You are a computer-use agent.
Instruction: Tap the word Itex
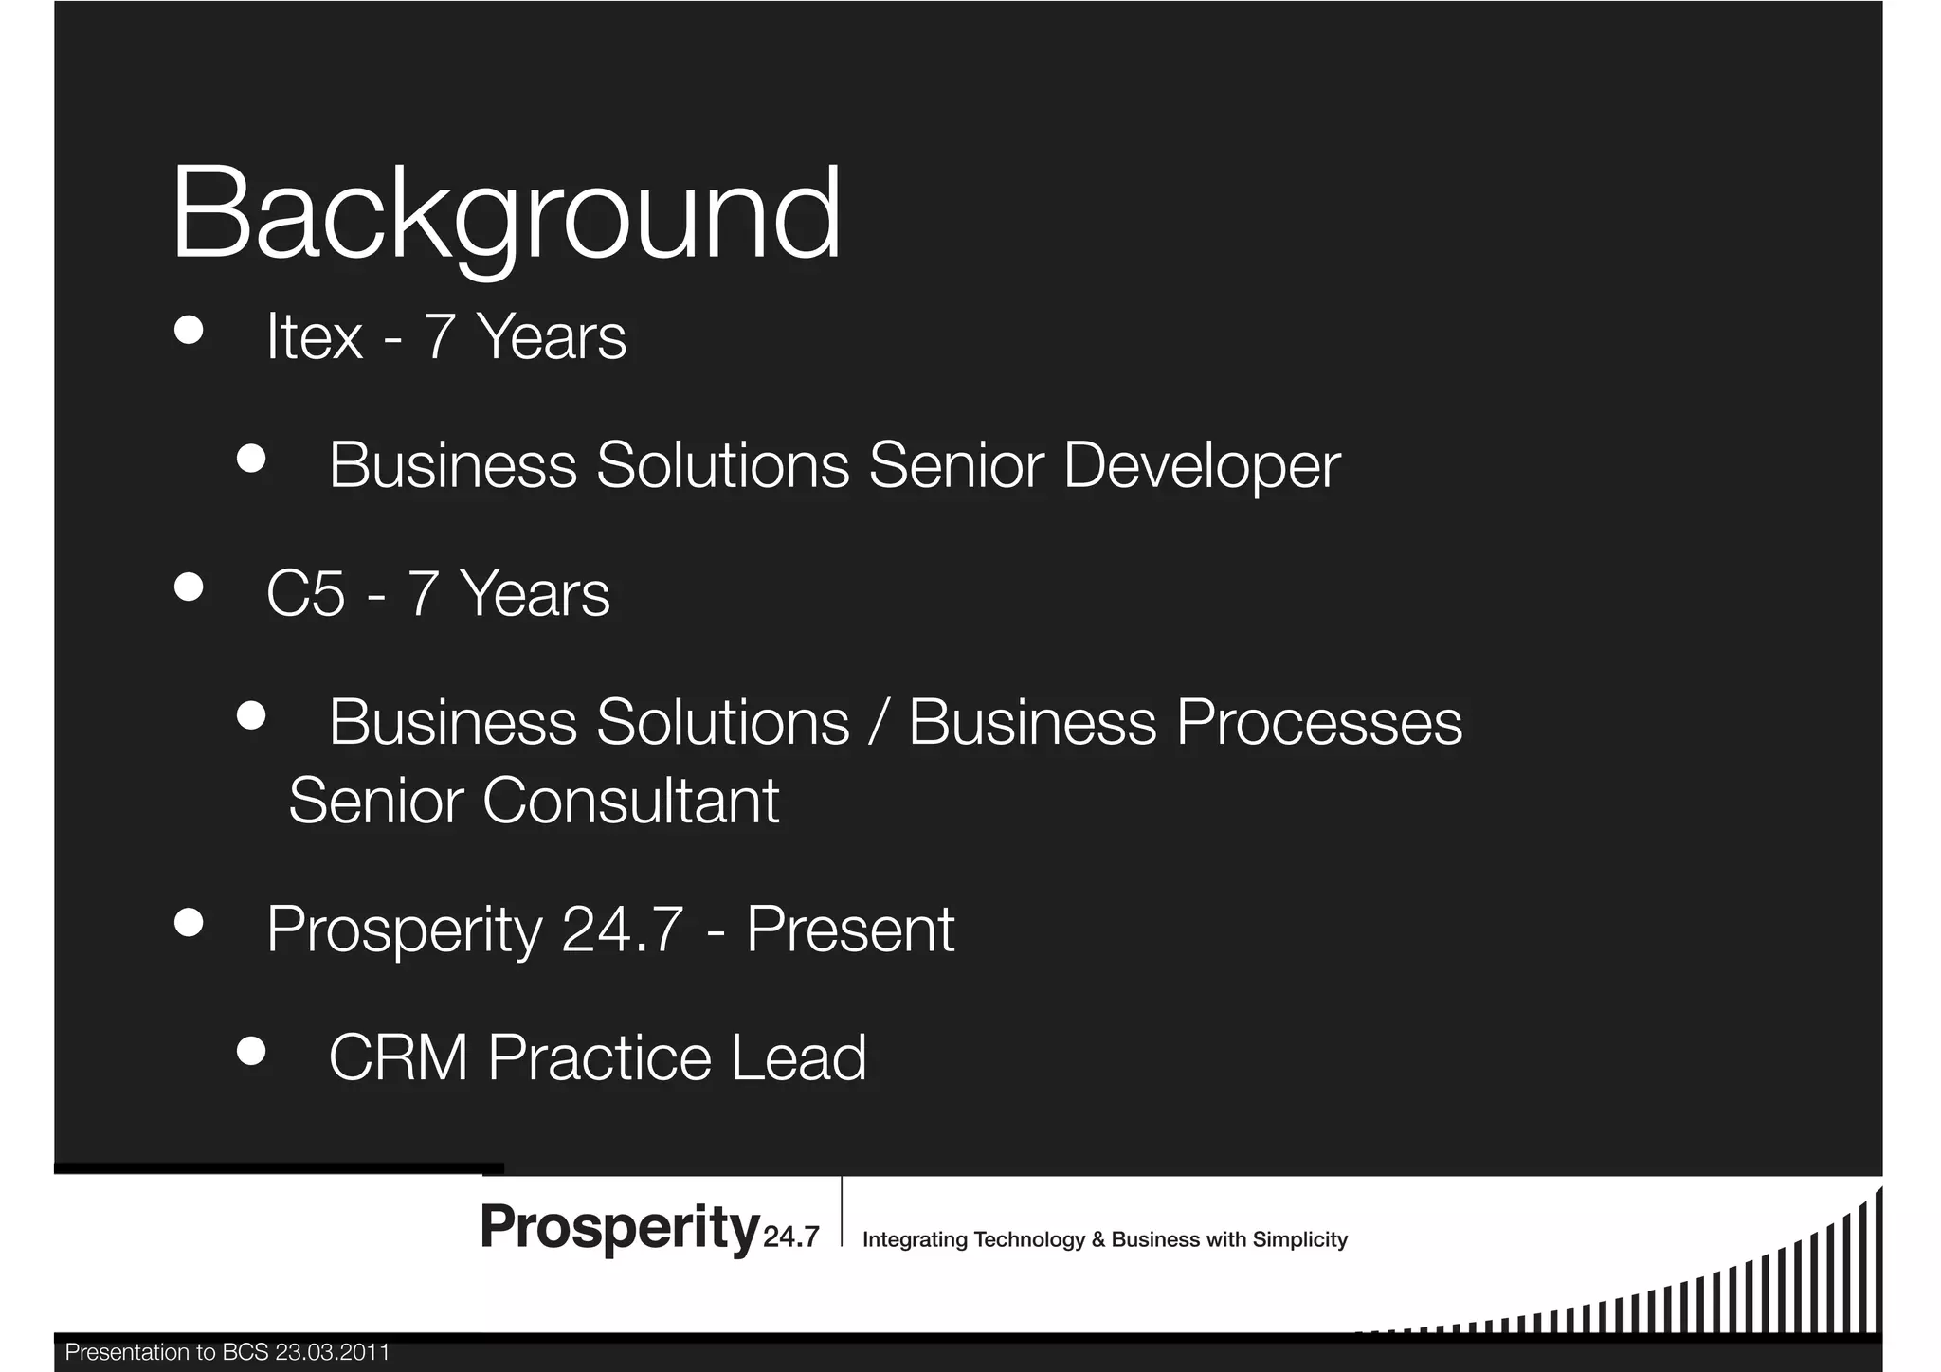[314, 337]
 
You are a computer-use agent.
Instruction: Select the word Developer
[1201, 466]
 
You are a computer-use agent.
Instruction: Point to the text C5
[305, 594]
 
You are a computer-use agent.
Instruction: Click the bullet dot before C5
[189, 587]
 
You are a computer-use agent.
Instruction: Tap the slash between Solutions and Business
[879, 723]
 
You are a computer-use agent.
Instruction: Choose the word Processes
[1318, 723]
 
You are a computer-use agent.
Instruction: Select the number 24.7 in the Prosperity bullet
[622, 930]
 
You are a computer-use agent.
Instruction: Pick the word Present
[850, 930]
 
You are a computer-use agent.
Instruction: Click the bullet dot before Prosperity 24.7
[189, 922]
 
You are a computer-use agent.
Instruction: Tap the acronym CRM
[398, 1057]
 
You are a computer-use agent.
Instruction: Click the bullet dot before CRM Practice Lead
[251, 1051]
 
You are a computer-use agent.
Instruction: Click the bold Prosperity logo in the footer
[620, 1228]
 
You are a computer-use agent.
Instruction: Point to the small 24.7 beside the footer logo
[790, 1237]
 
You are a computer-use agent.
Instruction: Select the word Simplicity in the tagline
[1299, 1240]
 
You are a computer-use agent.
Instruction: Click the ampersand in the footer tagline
[1097, 1240]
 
